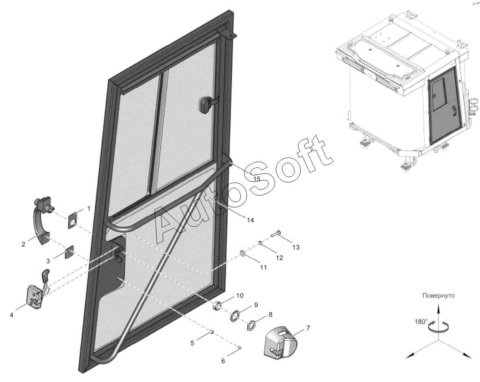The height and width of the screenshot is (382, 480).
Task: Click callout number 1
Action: pyautogui.click(x=89, y=208)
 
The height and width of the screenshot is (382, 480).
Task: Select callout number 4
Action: pyautogui.click(x=12, y=315)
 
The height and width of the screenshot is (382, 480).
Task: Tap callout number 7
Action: pyautogui.click(x=308, y=328)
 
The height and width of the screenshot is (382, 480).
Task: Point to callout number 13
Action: pyautogui.click(x=296, y=247)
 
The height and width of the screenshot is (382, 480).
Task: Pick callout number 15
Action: pyautogui.click(x=257, y=179)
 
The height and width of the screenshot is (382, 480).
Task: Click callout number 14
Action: pyautogui.click(x=251, y=220)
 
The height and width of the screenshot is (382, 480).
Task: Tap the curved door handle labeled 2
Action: pyautogui.click(x=41, y=221)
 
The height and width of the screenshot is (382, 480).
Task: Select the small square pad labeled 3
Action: pyautogui.click(x=69, y=252)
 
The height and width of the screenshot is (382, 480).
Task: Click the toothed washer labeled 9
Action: pyautogui.click(x=235, y=315)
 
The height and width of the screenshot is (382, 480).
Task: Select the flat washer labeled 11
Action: pyautogui.click(x=242, y=253)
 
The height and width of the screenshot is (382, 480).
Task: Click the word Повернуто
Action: pyautogui.click(x=439, y=296)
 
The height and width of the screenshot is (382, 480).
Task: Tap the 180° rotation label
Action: pyautogui.click(x=421, y=321)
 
